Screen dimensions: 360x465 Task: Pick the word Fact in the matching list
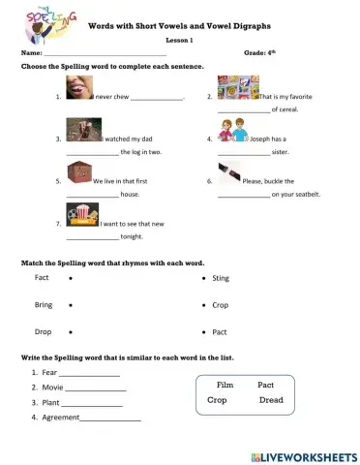pos(42,278)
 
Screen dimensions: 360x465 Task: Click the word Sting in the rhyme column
pos(221,278)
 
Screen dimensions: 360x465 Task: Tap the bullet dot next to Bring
pos(71,305)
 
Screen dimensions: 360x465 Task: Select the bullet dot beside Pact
pos(203,332)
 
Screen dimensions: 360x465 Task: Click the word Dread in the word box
pos(271,399)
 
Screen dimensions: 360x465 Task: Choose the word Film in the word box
pos(225,385)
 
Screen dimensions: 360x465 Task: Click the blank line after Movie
pos(97,389)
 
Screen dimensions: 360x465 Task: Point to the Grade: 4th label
pos(261,52)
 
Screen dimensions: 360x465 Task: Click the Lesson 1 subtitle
pos(179,40)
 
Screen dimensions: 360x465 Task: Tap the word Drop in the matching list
pos(43,332)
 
